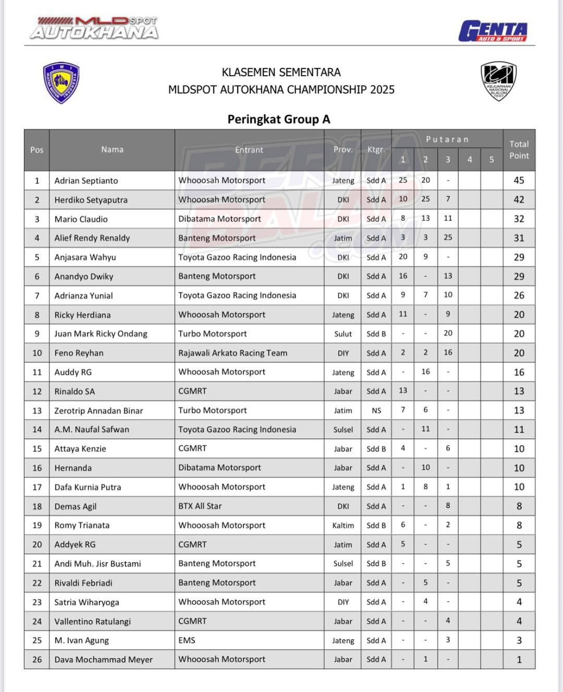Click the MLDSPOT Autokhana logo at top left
click(94, 28)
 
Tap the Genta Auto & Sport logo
click(493, 31)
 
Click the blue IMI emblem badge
click(62, 82)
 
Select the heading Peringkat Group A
click(279, 120)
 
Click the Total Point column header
click(519, 150)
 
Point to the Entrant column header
click(249, 150)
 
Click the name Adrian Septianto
click(86, 181)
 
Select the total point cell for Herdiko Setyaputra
click(519, 200)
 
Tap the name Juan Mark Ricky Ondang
click(101, 334)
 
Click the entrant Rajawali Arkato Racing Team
click(232, 353)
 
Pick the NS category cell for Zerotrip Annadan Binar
click(376, 411)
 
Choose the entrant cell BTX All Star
click(200, 506)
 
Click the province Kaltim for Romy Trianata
click(343, 526)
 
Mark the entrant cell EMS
click(187, 640)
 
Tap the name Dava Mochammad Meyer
click(103, 660)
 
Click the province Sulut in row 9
click(343, 334)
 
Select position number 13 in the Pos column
click(37, 411)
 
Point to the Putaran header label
click(447, 139)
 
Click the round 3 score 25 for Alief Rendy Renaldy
click(448, 237)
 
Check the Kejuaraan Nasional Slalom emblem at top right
click(498, 81)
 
